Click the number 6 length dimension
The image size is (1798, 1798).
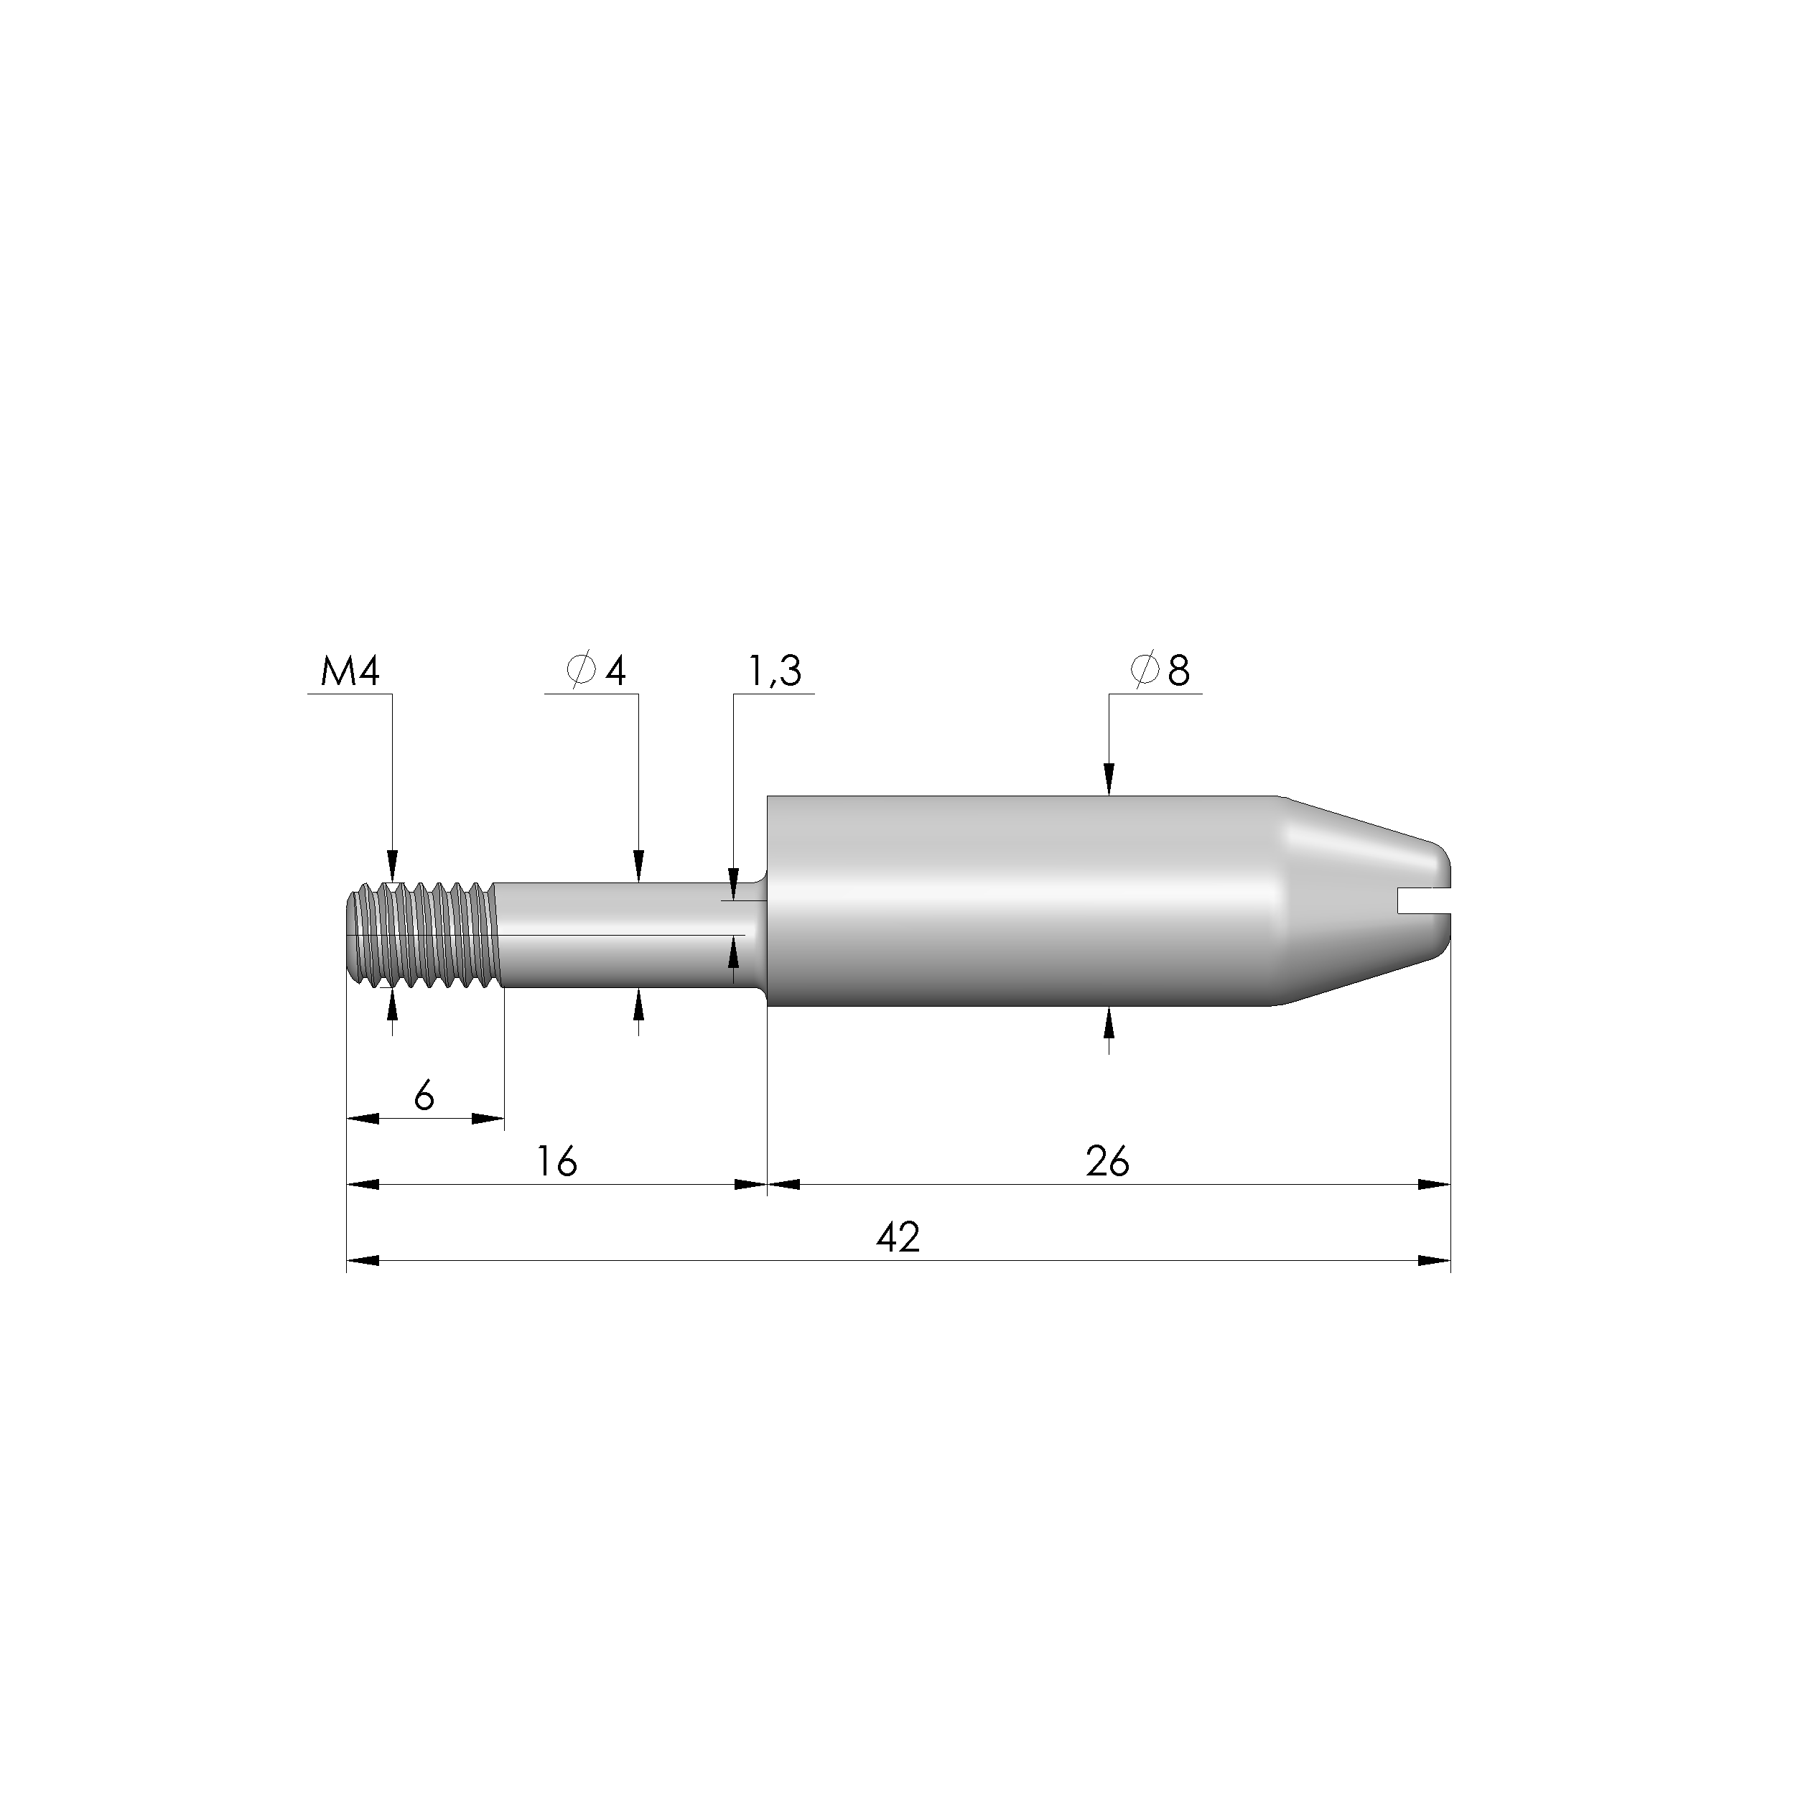pos(424,1096)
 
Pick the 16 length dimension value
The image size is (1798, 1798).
pos(556,1161)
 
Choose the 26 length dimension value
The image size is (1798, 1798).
pos(1107,1161)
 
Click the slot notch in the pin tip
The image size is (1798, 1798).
pos(1424,899)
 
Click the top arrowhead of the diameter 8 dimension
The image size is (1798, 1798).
pos(1109,781)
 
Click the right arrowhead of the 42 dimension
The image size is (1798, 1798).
pos(1434,1261)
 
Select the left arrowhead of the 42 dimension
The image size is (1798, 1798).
pos(363,1261)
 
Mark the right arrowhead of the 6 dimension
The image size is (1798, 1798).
pos(488,1119)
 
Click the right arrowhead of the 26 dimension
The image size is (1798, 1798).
pos(1434,1185)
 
